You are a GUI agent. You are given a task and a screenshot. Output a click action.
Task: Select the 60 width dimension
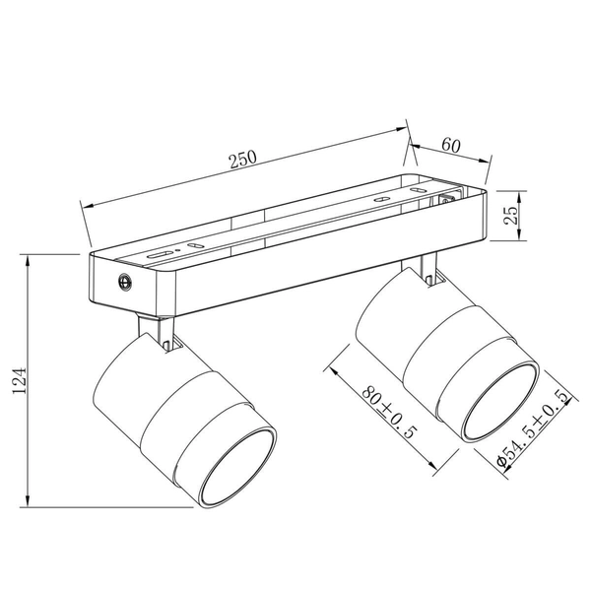click(452, 145)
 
